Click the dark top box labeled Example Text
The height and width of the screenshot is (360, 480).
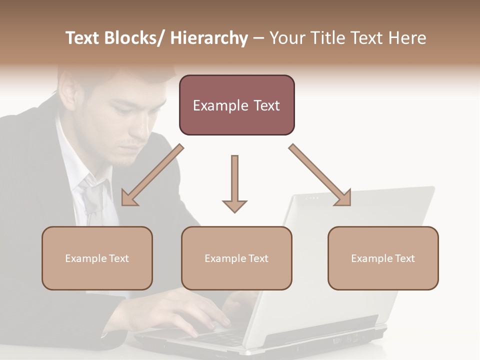click(236, 105)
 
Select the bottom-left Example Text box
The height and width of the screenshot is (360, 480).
click(97, 258)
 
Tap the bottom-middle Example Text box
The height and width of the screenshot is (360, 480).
click(236, 258)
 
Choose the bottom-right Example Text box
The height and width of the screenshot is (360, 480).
click(383, 258)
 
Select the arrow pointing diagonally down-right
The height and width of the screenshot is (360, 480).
click(320, 175)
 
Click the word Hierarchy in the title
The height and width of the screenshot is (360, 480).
click(208, 38)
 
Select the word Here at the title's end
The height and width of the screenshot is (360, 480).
click(406, 38)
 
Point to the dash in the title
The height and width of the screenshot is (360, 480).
click(258, 38)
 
